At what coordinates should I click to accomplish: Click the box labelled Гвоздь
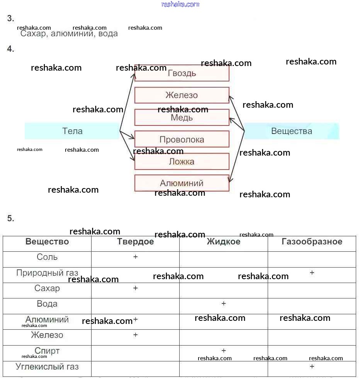[182, 73]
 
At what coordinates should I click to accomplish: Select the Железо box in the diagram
[182, 95]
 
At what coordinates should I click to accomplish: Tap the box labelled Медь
[182, 117]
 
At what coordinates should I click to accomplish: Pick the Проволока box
[182, 139]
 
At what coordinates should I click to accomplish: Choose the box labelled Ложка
[182, 161]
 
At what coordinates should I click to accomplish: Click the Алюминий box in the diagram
[182, 183]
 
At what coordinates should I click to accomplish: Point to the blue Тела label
[72, 131]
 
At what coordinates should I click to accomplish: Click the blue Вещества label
[292, 131]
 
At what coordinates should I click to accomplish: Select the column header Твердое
[135, 242]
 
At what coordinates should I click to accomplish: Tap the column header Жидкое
[223, 242]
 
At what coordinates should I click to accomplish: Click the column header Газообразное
[312, 242]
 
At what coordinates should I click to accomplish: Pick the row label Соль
[47, 257]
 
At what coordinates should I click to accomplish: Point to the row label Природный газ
[47, 273]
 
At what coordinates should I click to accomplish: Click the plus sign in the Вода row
[224, 304]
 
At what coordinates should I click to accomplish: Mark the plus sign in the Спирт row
[224, 351]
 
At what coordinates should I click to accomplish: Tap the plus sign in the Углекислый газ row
[312, 366]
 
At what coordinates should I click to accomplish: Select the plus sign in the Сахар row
[136, 288]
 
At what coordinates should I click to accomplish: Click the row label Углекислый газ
[47, 366]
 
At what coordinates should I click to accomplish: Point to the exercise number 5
[10, 219]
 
